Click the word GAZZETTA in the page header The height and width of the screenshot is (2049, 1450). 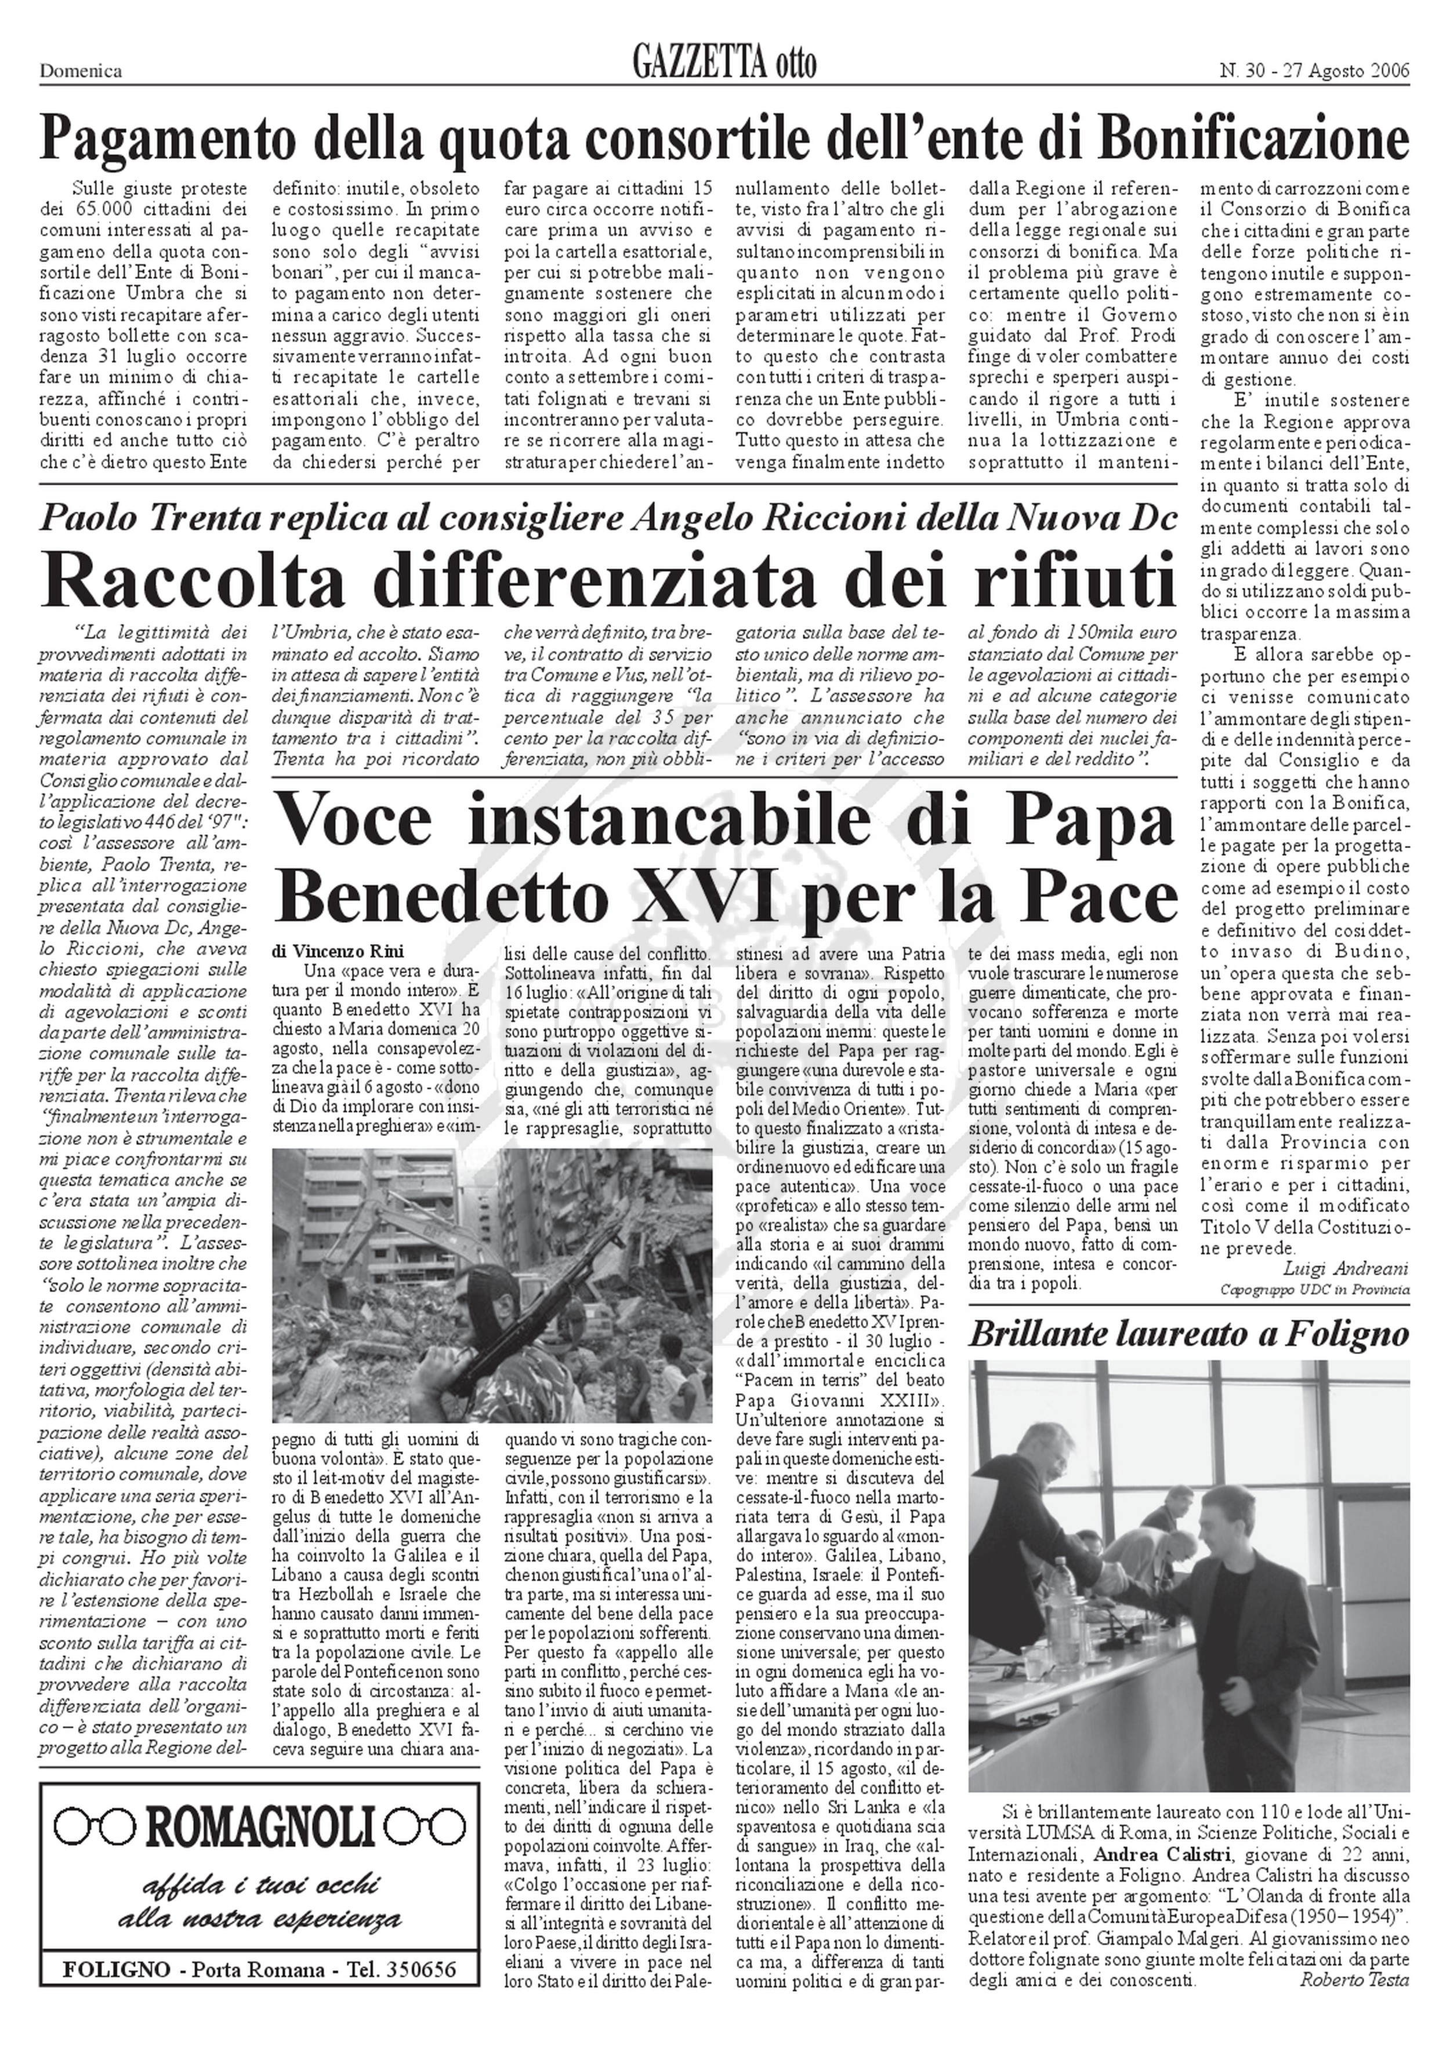(x=699, y=64)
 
